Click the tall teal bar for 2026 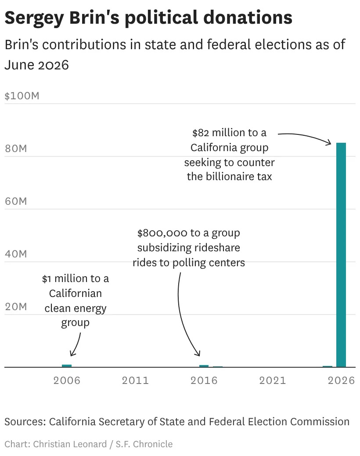click(341, 255)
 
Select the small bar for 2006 click(67, 366)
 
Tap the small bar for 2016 click(204, 366)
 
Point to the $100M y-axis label click(22, 96)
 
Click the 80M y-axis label click(16, 148)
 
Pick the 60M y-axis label click(16, 201)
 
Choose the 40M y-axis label click(16, 254)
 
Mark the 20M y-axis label click(16, 307)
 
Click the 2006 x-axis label click(67, 380)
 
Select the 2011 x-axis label click(135, 380)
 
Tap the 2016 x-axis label click(204, 380)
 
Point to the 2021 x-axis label click(273, 380)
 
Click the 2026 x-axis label click(342, 380)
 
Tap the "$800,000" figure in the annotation click(162, 233)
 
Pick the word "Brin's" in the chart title click(94, 18)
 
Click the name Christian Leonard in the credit click(70, 444)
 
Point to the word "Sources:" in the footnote click(25, 422)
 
